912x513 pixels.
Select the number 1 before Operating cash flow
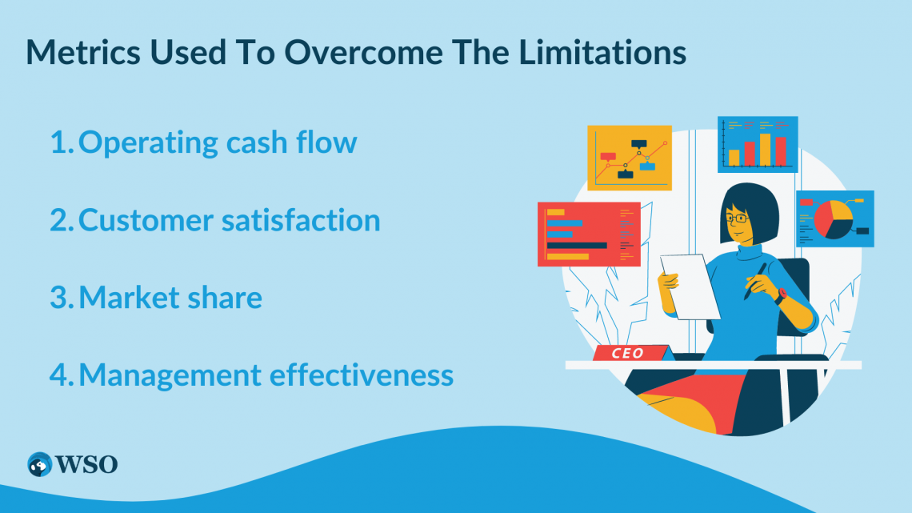[x=59, y=142]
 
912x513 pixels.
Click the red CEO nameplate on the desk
[x=629, y=353]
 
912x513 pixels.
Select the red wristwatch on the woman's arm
[x=779, y=295]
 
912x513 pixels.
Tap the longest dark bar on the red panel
[x=576, y=246]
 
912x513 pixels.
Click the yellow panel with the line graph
[x=629, y=158]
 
